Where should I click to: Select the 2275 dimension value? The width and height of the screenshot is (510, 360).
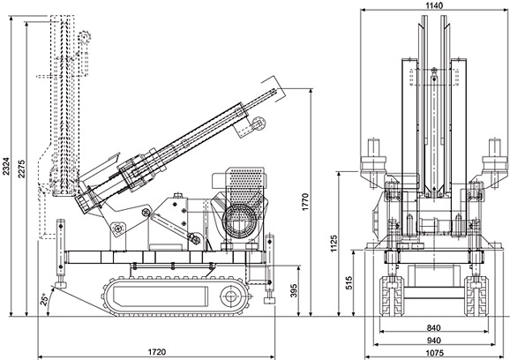pyautogui.click(x=22, y=169)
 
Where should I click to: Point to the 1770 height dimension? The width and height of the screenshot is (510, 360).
pyautogui.click(x=304, y=202)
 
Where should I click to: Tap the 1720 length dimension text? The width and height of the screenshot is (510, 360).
pyautogui.click(x=157, y=352)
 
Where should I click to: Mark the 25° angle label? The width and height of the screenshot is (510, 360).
pyautogui.click(x=44, y=299)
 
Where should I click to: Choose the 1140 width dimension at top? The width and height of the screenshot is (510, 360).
pyautogui.click(x=434, y=5)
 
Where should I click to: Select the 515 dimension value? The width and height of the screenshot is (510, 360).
pyautogui.click(x=348, y=283)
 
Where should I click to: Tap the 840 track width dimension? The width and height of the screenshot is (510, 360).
pyautogui.click(x=433, y=328)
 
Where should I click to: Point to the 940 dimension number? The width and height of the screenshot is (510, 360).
pyautogui.click(x=433, y=341)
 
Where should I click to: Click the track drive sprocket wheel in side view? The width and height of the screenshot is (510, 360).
pyautogui.click(x=231, y=296)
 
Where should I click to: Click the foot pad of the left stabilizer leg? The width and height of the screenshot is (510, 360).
pyautogui.click(x=61, y=285)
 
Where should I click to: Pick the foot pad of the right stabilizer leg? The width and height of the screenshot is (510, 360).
pyautogui.click(x=270, y=301)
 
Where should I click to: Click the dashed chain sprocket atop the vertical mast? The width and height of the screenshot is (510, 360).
pyautogui.click(x=85, y=37)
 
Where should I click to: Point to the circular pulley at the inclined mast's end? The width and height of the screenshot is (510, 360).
pyautogui.click(x=259, y=124)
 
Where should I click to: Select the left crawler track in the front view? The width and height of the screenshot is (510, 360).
pyautogui.click(x=391, y=296)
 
